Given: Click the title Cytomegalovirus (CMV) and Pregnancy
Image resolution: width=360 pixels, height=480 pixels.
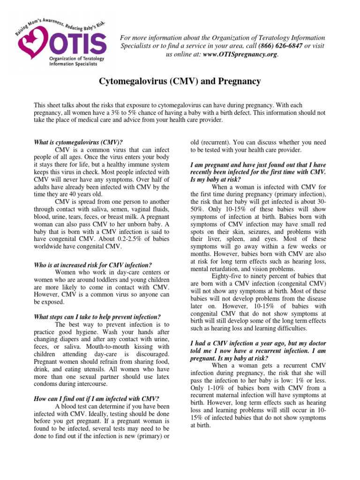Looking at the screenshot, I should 180,82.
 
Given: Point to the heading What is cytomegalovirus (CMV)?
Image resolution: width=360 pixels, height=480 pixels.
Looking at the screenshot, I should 79,142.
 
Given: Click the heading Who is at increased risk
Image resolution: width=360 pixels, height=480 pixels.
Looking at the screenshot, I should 94,265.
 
